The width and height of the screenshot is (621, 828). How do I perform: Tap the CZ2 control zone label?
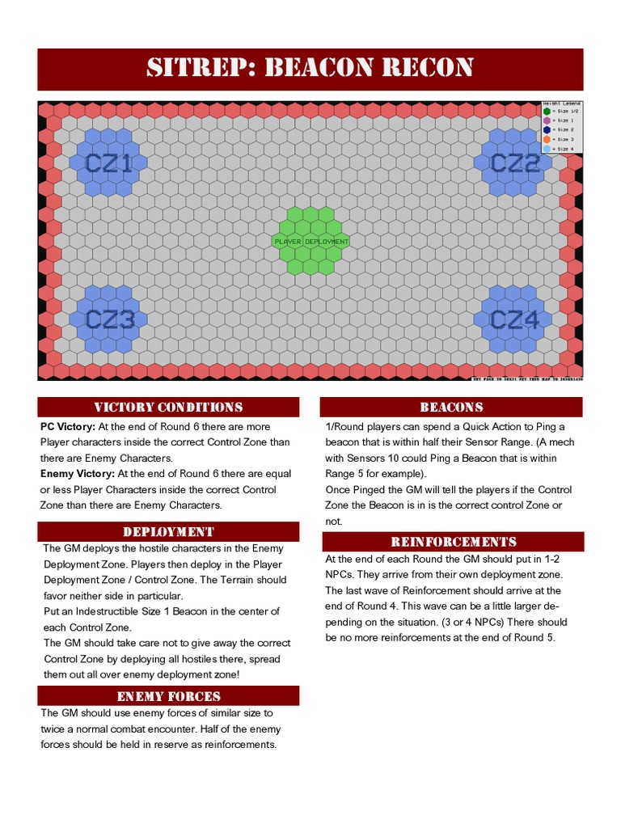[515, 164]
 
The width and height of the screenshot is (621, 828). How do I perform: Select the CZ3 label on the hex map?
[110, 320]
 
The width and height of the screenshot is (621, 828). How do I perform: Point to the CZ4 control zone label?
[515, 320]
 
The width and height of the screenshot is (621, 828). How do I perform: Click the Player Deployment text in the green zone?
[311, 241]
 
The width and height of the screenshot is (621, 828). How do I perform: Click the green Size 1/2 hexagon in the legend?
[547, 111]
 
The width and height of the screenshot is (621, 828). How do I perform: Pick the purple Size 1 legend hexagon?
[547, 120]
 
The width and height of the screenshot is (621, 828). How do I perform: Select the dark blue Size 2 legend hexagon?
[547, 129]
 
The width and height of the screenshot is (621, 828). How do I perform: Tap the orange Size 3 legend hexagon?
[547, 139]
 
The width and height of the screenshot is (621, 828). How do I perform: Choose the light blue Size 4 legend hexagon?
[547, 149]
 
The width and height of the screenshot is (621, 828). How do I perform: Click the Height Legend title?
[561, 103]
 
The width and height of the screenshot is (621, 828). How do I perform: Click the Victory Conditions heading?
[168, 407]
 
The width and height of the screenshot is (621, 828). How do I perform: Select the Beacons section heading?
[451, 407]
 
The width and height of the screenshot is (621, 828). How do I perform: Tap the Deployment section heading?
[168, 531]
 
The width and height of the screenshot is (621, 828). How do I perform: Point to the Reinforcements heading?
[453, 542]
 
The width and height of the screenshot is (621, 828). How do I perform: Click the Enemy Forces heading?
[168, 696]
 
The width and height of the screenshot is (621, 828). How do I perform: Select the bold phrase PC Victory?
[68, 426]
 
